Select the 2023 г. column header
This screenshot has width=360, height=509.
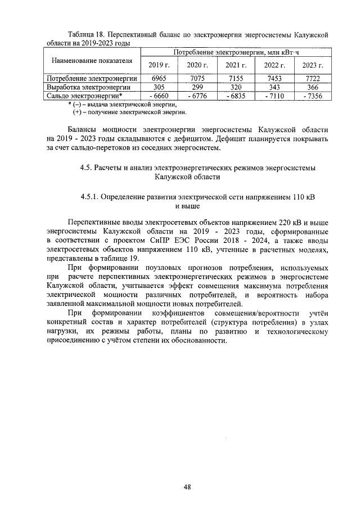point(313,65)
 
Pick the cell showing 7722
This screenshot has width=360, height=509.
point(313,79)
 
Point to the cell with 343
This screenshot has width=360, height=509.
point(274,87)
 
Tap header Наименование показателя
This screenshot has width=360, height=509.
point(92,60)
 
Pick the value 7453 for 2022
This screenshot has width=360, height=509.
point(274,79)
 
